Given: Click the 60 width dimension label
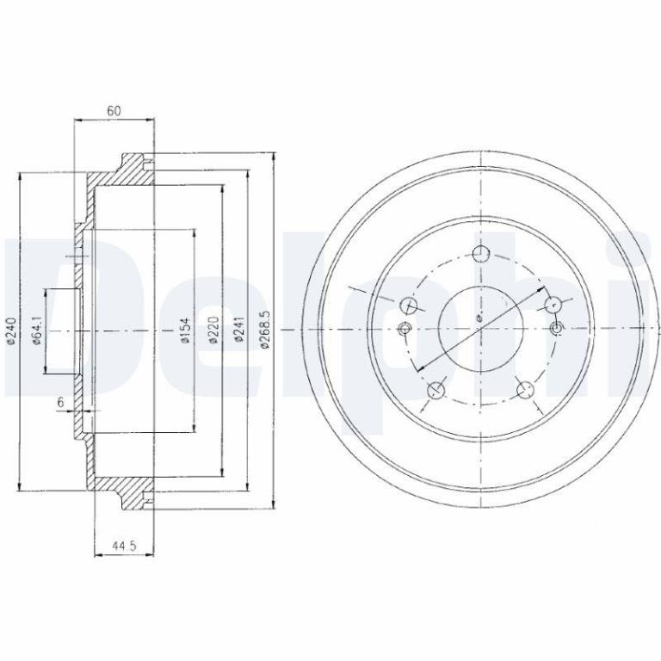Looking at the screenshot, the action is click(x=114, y=111).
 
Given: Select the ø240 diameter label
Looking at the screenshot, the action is click(x=11, y=330).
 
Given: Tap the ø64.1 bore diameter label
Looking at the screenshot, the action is click(x=37, y=330).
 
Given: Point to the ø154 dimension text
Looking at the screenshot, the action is click(x=185, y=330).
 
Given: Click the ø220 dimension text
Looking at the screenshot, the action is click(x=213, y=330).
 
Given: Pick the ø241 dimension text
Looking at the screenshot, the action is click(x=239, y=330).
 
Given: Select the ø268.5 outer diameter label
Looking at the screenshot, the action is click(x=265, y=330).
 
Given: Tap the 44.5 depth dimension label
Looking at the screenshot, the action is click(x=124, y=546).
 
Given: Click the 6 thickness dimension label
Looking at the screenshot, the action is click(x=61, y=403).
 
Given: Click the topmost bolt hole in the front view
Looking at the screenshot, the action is click(x=481, y=254).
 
